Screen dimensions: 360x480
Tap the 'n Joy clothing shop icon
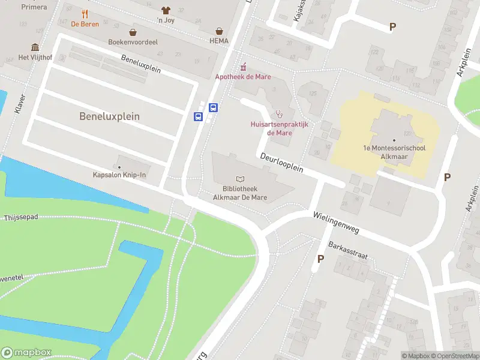[x=166, y=10]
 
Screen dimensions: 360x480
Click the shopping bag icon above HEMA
[x=220, y=31]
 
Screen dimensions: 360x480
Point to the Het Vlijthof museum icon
[x=35, y=47]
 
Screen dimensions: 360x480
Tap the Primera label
[x=34, y=7]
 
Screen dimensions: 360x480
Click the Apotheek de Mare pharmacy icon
[x=243, y=67]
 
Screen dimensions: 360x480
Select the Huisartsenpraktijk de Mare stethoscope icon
[x=279, y=114]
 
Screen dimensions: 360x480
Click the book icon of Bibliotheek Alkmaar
[x=241, y=179]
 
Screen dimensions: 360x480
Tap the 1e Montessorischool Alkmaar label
[x=394, y=152]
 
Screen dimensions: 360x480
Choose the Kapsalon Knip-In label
[x=119, y=175]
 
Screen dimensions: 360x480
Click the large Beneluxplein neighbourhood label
[x=109, y=116]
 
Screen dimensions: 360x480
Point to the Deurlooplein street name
[x=281, y=163]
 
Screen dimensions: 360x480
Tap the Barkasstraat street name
[x=348, y=250]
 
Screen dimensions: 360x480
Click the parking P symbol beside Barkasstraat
[x=320, y=259]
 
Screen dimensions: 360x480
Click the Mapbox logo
[x=26, y=353]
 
